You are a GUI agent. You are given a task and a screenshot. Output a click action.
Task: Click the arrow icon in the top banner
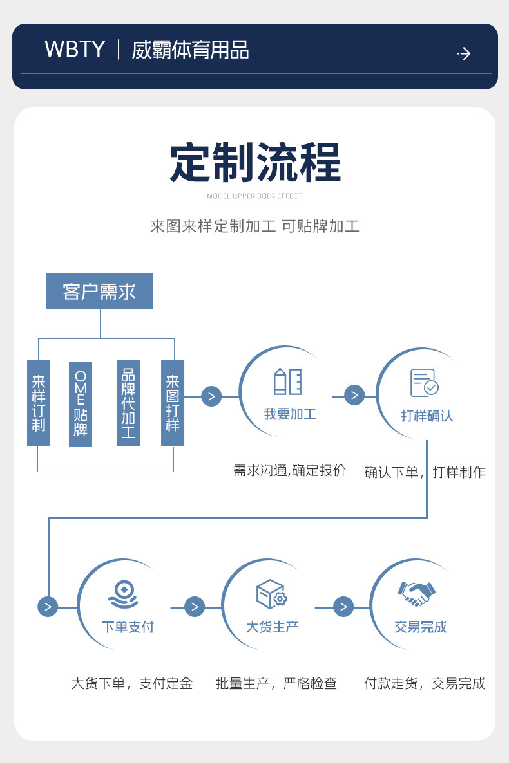[x=463, y=53]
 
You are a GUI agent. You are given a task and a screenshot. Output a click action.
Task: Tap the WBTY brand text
[x=75, y=50]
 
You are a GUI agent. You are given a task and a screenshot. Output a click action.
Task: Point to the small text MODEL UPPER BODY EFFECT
[x=254, y=196]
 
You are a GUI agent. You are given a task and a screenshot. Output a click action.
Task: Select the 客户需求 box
[x=99, y=291]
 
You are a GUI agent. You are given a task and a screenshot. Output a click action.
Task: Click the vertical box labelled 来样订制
[x=39, y=403]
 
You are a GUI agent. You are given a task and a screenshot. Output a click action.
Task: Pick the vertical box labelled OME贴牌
[x=81, y=404]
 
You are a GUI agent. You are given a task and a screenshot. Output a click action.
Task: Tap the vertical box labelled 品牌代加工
[x=128, y=403]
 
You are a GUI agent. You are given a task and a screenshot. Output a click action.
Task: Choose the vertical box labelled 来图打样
[x=173, y=403]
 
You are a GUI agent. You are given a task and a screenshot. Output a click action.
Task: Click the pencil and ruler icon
[x=288, y=381]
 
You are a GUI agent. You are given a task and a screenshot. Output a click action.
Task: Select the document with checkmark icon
[x=425, y=383]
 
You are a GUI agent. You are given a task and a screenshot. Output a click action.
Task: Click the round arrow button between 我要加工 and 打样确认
[x=354, y=395]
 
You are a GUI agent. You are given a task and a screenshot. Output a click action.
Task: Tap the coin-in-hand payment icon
[x=123, y=594]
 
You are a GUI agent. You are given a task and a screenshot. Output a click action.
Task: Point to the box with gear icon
[x=271, y=594]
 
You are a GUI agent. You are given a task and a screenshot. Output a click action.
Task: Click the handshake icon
[x=417, y=593]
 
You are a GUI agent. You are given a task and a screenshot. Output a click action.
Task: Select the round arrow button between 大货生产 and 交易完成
[x=343, y=606]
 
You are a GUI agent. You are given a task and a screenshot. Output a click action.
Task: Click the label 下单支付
[x=128, y=627]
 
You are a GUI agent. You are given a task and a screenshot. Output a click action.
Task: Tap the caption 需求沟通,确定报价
[x=289, y=471]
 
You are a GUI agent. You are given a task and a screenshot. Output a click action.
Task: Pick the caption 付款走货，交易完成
[x=424, y=683]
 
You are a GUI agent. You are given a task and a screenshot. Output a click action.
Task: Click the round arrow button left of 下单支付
[x=48, y=606]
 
